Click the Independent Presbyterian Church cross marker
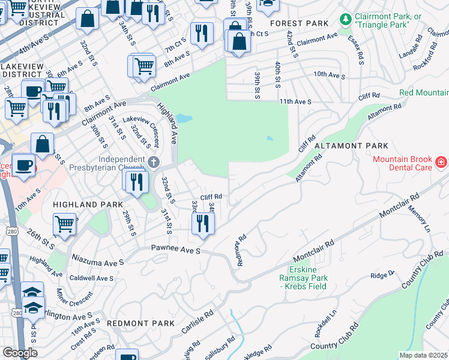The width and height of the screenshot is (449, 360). (x=154, y=162)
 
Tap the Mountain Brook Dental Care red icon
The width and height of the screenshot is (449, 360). (x=440, y=162)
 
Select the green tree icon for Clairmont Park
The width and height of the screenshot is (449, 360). (x=346, y=20)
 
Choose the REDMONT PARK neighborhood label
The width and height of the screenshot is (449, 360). (x=131, y=323)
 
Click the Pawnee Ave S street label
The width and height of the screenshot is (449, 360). (x=175, y=248)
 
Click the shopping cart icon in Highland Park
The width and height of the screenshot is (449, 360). (x=64, y=224)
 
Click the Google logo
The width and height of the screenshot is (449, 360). (x=19, y=352)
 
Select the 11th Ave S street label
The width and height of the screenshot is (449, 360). (x=295, y=102)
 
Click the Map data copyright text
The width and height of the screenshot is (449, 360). (x=424, y=355)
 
